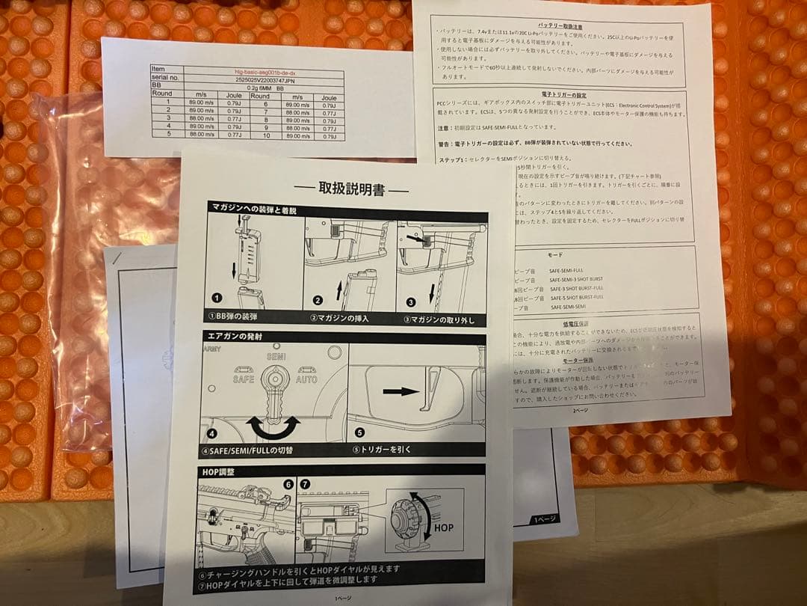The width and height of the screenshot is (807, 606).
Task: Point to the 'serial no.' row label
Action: click(165, 77)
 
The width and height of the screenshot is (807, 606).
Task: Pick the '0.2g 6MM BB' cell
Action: click(253, 87)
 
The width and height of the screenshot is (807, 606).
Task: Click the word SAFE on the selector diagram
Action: click(243, 379)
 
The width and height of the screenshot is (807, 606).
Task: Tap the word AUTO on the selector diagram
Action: click(307, 379)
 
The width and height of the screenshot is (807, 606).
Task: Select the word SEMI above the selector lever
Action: click(276, 358)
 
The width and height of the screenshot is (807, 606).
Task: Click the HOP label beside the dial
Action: click(440, 527)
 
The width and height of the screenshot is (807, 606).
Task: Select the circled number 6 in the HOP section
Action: click(288, 484)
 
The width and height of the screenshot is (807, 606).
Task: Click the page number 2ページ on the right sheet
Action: click(580, 410)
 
